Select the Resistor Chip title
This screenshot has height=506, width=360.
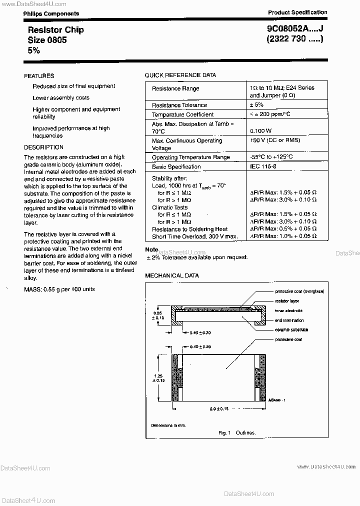click(55, 30)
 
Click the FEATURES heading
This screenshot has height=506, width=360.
click(39, 76)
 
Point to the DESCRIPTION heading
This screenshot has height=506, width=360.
click(43, 147)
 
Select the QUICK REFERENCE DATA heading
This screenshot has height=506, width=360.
click(180, 75)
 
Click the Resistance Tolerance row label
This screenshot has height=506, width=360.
click(179, 105)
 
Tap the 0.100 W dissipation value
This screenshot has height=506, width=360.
click(261, 130)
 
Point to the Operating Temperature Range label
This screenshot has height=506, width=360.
click(191, 157)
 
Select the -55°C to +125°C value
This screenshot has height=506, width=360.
click(271, 157)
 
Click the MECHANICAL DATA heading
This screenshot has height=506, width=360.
click(172, 275)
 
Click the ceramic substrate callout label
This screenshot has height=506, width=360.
click(291, 329)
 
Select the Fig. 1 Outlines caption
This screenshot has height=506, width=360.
click(236, 432)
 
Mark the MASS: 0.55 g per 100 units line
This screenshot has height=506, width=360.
click(59, 289)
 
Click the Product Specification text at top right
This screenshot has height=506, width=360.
click(297, 12)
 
